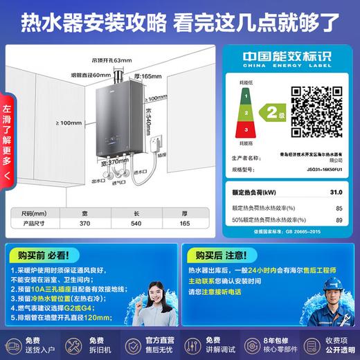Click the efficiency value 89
point(338,219)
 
